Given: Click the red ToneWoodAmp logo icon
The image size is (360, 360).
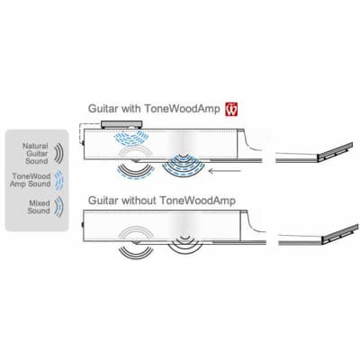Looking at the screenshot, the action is [x=231, y=109].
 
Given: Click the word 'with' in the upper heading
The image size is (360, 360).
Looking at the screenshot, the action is [x=130, y=108].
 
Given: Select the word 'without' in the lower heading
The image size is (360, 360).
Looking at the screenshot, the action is [x=139, y=200].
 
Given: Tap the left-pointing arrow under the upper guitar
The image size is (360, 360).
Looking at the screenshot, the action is [x=225, y=171].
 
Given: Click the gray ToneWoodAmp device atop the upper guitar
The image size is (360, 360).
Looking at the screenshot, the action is [x=121, y=124].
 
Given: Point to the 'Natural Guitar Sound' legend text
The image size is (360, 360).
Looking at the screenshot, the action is [x=36, y=153].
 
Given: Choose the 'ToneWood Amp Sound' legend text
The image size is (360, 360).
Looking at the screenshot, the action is [x=31, y=180].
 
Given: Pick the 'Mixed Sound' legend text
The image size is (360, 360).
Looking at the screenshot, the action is [x=39, y=207].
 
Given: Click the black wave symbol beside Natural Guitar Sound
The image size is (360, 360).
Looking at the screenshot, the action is [x=59, y=153].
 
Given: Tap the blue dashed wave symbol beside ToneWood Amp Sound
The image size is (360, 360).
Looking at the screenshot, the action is [x=60, y=180].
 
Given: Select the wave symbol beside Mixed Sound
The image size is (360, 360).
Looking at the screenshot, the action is [x=59, y=207].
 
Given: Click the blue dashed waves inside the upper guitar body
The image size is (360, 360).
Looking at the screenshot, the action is [x=131, y=138].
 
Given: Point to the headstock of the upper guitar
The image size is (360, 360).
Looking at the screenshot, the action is [x=335, y=152].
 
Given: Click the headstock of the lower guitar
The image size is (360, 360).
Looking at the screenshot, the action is [x=339, y=234].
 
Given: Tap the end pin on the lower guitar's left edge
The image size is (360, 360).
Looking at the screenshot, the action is [x=82, y=224].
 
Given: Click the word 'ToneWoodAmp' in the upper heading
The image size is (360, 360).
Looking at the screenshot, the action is [x=183, y=108].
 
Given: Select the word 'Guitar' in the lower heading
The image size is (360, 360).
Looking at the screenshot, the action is [x=103, y=200].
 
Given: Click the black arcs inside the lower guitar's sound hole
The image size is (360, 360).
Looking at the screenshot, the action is [x=185, y=238].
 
